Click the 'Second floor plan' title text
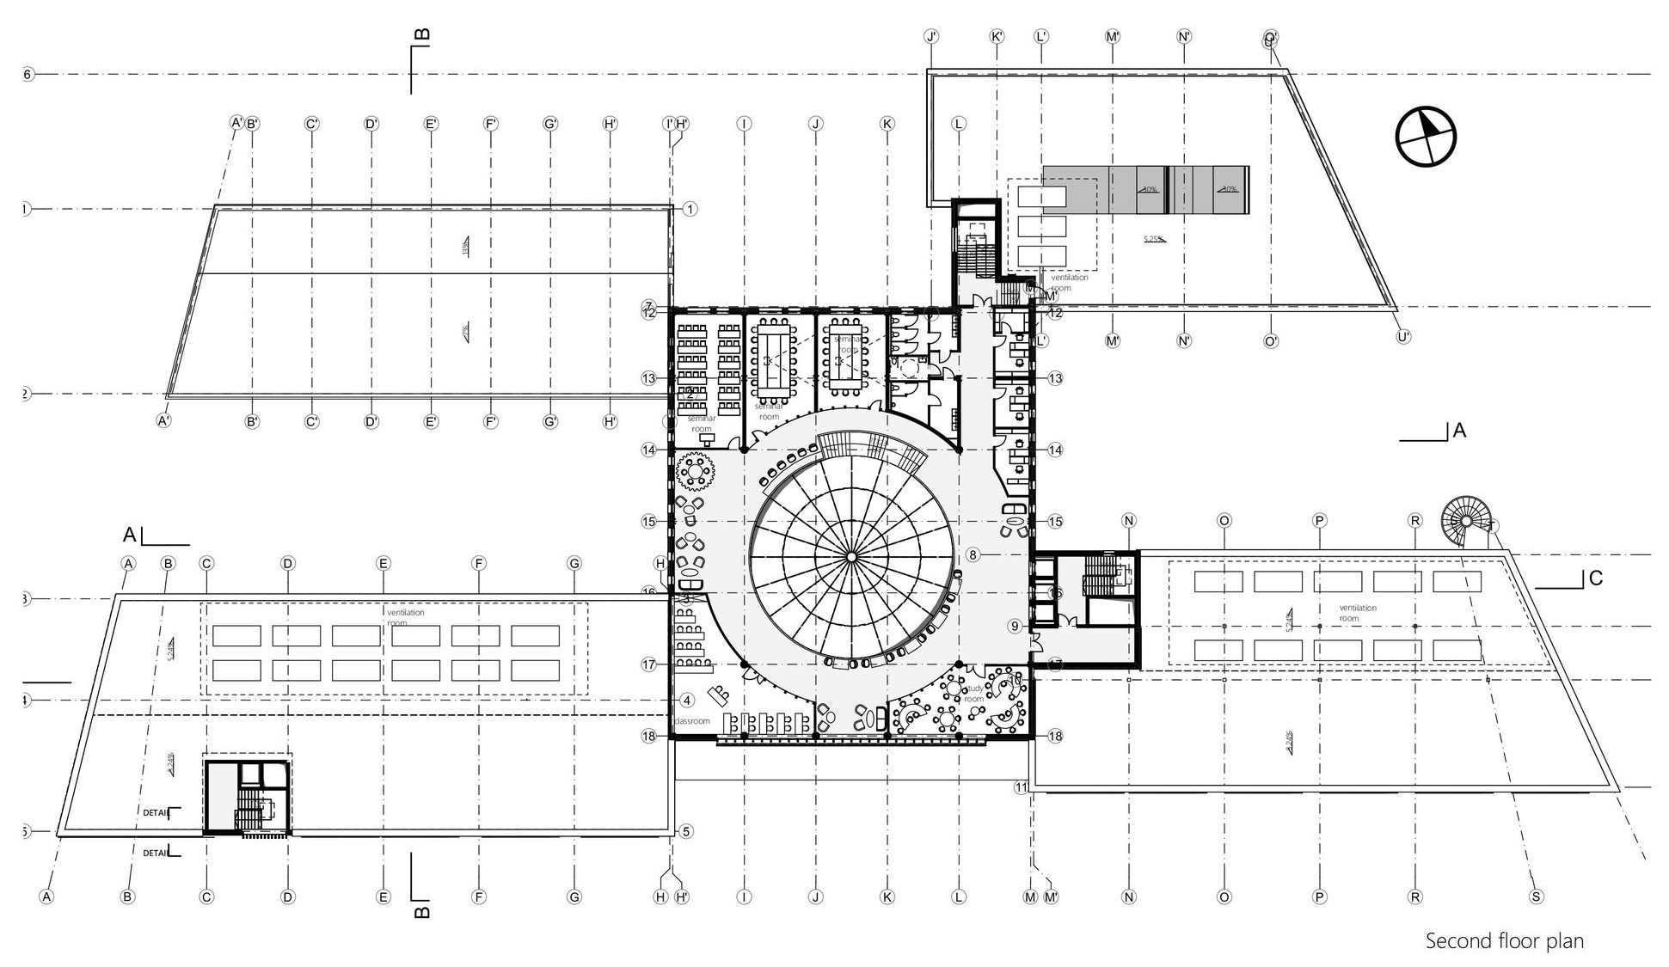(1504, 940)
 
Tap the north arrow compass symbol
(1426, 136)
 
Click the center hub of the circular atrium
(850, 558)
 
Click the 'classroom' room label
(692, 721)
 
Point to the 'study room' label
(974, 694)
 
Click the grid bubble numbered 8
(973, 555)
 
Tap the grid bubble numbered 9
(1015, 626)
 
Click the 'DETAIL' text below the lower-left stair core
(156, 854)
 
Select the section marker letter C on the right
(1596, 578)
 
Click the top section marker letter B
(422, 35)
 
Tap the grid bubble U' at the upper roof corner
(1402, 337)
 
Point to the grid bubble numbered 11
(1021, 787)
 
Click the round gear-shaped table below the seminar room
(696, 472)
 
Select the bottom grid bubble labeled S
(1536, 897)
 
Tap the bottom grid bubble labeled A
(47, 897)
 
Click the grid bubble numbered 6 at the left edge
(27, 75)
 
